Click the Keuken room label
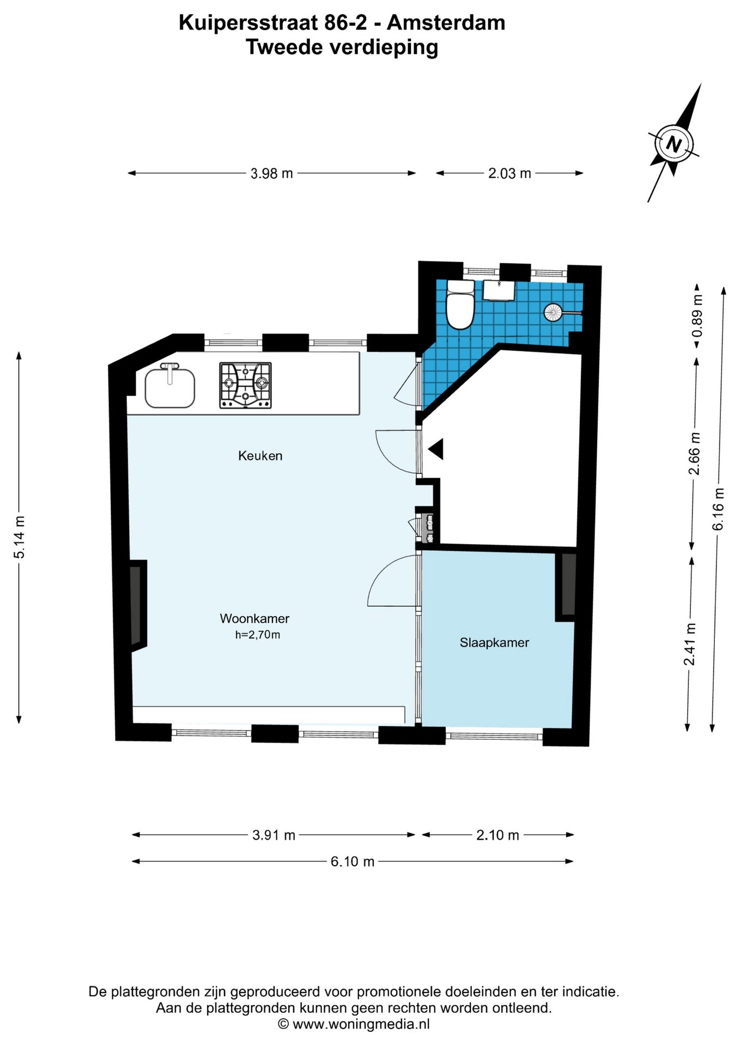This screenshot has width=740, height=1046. click(x=260, y=455)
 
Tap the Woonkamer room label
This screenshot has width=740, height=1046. click(x=254, y=618)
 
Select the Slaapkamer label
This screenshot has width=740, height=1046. click(x=494, y=642)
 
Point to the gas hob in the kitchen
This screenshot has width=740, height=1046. click(x=245, y=386)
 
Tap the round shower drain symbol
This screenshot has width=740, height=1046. click(x=553, y=312)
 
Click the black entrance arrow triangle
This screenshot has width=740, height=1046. click(x=436, y=449)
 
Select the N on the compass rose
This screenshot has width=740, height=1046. click(x=674, y=145)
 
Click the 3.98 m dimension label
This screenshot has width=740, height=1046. click(x=271, y=174)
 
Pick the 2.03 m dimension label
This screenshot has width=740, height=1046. click(x=509, y=174)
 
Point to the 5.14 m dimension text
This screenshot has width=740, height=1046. click(x=20, y=537)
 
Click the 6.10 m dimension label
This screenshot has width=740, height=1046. click(x=353, y=861)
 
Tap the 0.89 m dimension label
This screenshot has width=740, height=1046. click(x=697, y=316)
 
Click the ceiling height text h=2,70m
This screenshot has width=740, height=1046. click(x=258, y=635)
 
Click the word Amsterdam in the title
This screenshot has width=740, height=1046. click(x=446, y=23)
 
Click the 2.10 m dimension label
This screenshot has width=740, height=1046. click(x=498, y=835)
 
